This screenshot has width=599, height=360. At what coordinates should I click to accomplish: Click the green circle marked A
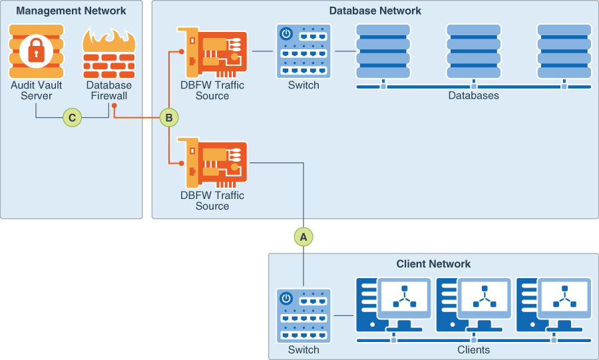click(x=303, y=236)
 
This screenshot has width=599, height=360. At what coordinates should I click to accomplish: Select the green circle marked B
click(x=168, y=118)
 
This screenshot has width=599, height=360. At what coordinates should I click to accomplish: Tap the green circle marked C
click(x=72, y=118)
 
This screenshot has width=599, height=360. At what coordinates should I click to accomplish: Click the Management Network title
click(x=71, y=11)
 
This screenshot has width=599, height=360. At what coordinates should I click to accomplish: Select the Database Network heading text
click(x=375, y=11)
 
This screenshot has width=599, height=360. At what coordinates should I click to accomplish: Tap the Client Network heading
click(x=433, y=264)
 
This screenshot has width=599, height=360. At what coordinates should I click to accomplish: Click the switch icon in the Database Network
click(x=303, y=51)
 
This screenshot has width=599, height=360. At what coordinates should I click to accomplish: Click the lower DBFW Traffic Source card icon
click(x=212, y=164)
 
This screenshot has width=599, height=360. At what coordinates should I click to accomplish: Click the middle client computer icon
click(x=474, y=305)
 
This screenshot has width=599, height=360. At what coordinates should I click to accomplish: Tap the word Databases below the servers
click(x=473, y=96)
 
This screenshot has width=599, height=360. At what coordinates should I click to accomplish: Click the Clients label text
click(x=473, y=350)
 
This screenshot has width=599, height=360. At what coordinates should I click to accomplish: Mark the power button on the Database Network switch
click(x=286, y=33)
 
